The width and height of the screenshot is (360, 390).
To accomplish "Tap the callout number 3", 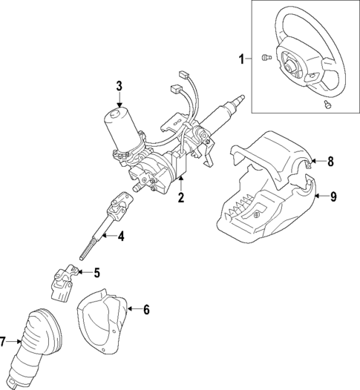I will pyautogui.click(x=119, y=87).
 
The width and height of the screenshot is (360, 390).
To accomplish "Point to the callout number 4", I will pyautogui.click(x=121, y=237).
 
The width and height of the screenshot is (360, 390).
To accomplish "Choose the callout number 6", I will pyautogui.click(x=146, y=309).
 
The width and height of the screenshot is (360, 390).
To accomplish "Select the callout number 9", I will pyautogui.click(x=333, y=196).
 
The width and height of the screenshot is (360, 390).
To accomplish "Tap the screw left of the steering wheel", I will pyautogui.click(x=266, y=57).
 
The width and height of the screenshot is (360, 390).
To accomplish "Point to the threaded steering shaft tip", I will pyautogui.click(x=239, y=98).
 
